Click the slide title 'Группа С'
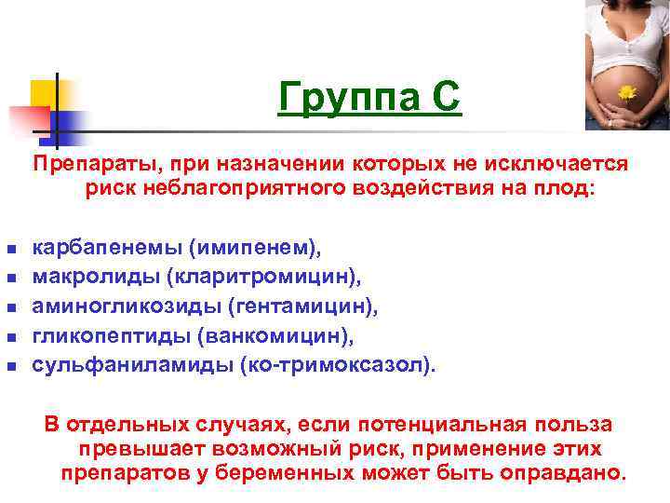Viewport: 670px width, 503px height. [368, 97]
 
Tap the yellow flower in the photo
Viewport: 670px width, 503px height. [626, 92]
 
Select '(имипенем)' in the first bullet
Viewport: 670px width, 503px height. [254, 249]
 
